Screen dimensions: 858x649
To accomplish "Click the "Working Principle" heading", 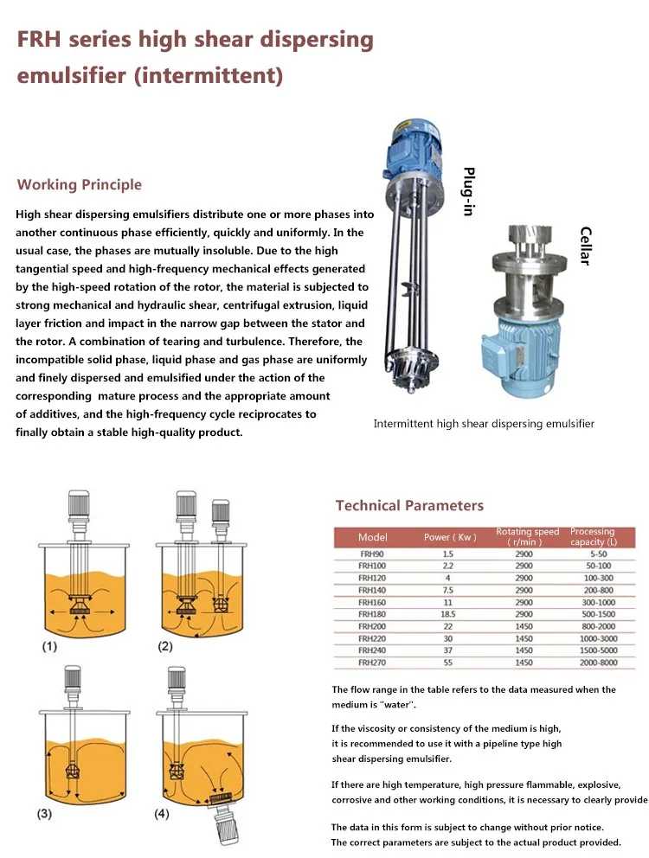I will point(80,184).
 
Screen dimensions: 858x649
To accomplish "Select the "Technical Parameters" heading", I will point(409,506).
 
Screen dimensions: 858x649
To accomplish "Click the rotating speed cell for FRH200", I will point(524,625).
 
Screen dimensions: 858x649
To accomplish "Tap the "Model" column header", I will point(373,537).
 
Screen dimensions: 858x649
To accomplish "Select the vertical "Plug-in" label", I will point(468,191).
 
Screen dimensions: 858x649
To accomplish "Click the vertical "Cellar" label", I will point(585,246).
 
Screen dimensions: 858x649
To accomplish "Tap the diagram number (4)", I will point(163,814).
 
